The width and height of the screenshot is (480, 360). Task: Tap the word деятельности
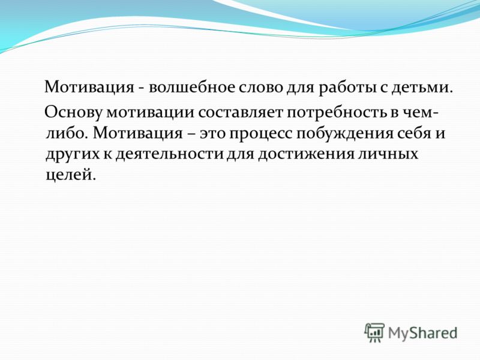(169, 154)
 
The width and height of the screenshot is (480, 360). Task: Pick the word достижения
(305, 154)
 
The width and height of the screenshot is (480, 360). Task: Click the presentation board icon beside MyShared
(374, 332)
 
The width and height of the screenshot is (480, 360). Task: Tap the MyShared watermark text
(423, 333)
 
